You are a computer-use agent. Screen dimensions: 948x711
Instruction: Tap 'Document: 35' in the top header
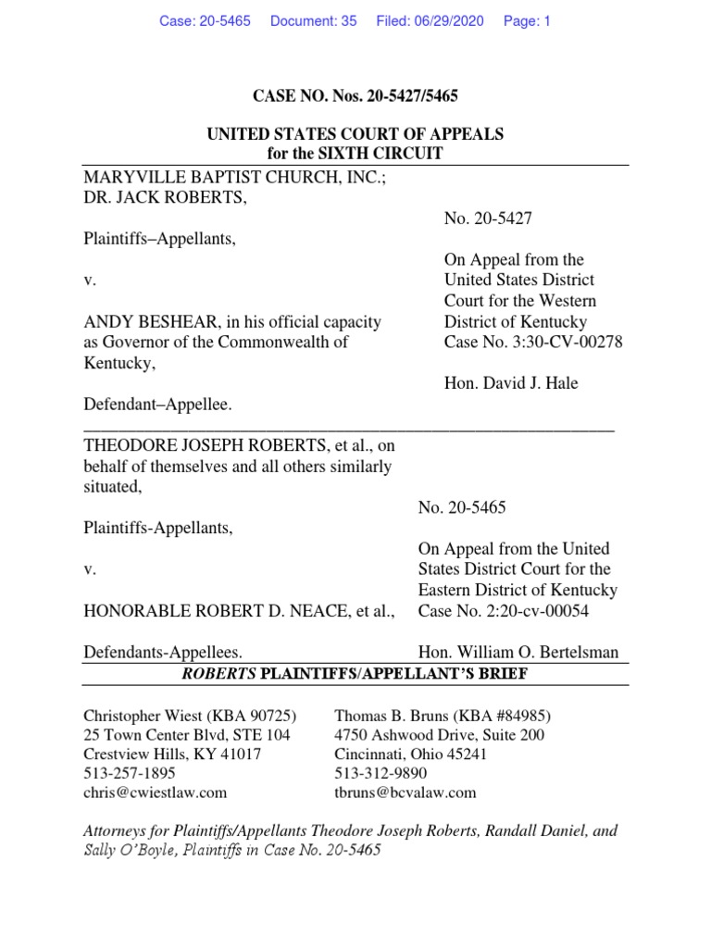click(x=313, y=20)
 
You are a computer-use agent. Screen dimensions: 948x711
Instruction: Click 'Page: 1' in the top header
click(x=527, y=20)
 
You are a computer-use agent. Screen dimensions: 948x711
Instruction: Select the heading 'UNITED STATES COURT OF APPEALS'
click(x=355, y=134)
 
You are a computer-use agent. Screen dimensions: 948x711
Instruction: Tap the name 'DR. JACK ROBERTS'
click(x=165, y=197)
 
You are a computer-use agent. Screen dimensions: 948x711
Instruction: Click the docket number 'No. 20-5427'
click(x=488, y=218)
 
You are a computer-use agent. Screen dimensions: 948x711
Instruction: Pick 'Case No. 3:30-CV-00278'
click(x=533, y=343)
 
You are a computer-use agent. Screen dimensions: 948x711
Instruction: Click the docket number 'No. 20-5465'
click(x=462, y=507)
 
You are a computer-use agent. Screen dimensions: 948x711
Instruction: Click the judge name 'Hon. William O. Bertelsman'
click(x=518, y=653)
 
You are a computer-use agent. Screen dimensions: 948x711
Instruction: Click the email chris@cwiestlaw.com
click(x=155, y=792)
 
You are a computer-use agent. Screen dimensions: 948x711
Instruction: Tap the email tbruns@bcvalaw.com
click(x=405, y=792)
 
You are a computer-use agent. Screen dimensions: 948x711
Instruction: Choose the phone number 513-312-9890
click(x=380, y=773)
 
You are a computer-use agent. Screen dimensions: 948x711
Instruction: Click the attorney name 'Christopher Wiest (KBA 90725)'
click(x=184, y=716)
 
